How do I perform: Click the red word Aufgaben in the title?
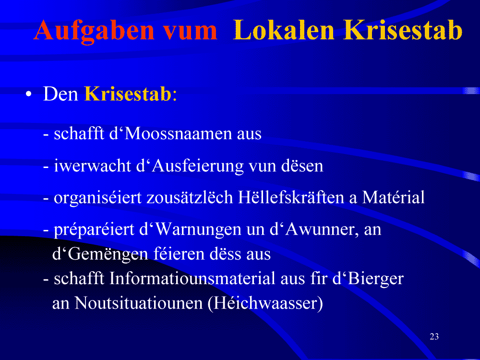pyautogui.click(x=94, y=31)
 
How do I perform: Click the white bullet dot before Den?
pyautogui.click(x=29, y=94)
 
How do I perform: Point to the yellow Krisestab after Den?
pyautogui.click(x=128, y=94)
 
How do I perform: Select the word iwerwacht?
pyautogui.click(x=93, y=166)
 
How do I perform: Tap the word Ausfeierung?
pyautogui.click(x=197, y=167)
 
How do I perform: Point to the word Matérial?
pyautogui.click(x=394, y=197)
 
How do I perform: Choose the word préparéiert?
pyautogui.click(x=94, y=229)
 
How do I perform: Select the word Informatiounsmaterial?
pyautogui.click(x=192, y=278)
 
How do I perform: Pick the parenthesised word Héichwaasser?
pyautogui.click(x=265, y=303)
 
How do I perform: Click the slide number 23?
pyautogui.click(x=434, y=336)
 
